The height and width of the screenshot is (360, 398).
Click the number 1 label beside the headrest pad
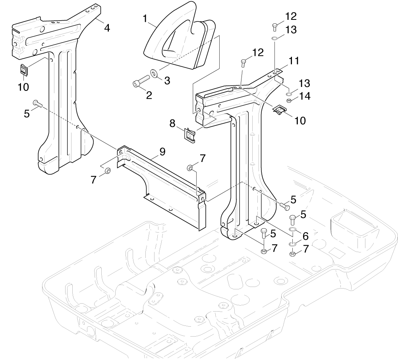pos(145,19)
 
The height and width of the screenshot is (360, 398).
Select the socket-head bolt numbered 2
pos(141,80)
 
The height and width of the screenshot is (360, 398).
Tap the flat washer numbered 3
pos(154,73)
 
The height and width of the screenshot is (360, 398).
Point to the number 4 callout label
pos(107,28)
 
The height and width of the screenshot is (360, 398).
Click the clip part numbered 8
pos(190,135)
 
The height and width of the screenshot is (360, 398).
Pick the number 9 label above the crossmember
pos(162,152)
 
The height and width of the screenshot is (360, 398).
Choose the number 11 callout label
pos(294,61)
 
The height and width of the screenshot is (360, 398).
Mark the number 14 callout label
pos(305,96)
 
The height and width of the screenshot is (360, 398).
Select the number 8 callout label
pos(172,123)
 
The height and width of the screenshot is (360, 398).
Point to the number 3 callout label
pos(167,81)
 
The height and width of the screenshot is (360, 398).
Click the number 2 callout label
pos(149,95)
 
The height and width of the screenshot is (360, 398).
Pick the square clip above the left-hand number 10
pos(24,70)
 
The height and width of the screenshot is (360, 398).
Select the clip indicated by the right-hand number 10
pos(280,110)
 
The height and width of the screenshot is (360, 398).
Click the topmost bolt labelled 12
pos(274,27)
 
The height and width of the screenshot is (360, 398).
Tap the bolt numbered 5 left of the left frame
pos(37,104)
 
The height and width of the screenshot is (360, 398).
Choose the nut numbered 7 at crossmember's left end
pos(107,171)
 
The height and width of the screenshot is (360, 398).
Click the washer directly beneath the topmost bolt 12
pos(274,39)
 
